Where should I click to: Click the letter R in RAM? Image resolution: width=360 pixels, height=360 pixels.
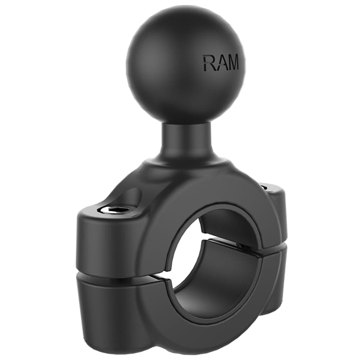pyautogui.click(x=209, y=63)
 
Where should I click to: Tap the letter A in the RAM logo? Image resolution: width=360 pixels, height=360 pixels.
pyautogui.click(x=220, y=63)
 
